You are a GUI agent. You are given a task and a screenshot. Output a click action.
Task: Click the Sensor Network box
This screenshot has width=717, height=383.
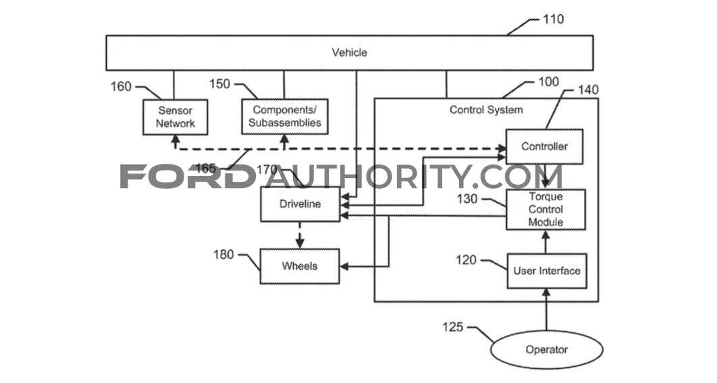click(175, 117)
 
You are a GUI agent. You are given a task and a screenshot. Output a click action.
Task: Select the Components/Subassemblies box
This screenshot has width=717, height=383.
click(285, 117)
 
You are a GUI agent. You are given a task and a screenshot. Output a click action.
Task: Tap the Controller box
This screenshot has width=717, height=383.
click(544, 146)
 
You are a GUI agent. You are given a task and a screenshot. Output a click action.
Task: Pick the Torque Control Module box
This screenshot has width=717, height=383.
click(546, 210)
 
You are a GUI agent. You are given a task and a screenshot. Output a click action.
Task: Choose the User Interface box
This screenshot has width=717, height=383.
click(547, 271)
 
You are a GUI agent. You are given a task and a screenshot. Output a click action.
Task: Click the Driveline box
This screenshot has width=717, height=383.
click(300, 204)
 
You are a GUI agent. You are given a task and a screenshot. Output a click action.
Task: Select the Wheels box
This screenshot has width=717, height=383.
click(300, 266)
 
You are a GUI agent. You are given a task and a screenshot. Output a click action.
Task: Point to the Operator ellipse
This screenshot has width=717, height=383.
click(546, 350)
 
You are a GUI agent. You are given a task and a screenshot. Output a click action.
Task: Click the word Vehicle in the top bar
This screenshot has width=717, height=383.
click(349, 53)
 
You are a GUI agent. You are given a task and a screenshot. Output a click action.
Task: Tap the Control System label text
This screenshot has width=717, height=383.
click(486, 110)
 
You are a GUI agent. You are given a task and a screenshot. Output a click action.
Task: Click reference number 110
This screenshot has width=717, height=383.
click(554, 19)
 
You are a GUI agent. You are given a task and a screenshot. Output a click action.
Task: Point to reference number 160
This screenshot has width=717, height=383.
click(121, 86)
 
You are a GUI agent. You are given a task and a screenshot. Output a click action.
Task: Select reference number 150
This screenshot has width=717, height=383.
click(219, 84)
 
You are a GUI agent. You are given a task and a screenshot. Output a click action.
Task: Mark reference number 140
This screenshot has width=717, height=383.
click(588, 90)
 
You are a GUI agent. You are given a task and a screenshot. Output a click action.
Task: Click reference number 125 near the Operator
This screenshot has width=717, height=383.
click(453, 327)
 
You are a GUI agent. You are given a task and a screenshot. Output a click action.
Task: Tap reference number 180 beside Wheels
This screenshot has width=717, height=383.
click(223, 254)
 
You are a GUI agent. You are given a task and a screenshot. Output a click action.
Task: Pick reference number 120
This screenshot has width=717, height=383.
click(467, 260)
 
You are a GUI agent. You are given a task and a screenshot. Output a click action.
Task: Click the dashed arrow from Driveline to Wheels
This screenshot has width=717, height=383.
click(300, 235)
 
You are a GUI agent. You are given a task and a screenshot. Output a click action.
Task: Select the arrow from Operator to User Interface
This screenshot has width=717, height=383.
click(546, 310)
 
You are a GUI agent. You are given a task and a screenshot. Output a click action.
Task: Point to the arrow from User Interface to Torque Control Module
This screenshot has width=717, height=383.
click(546, 242)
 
